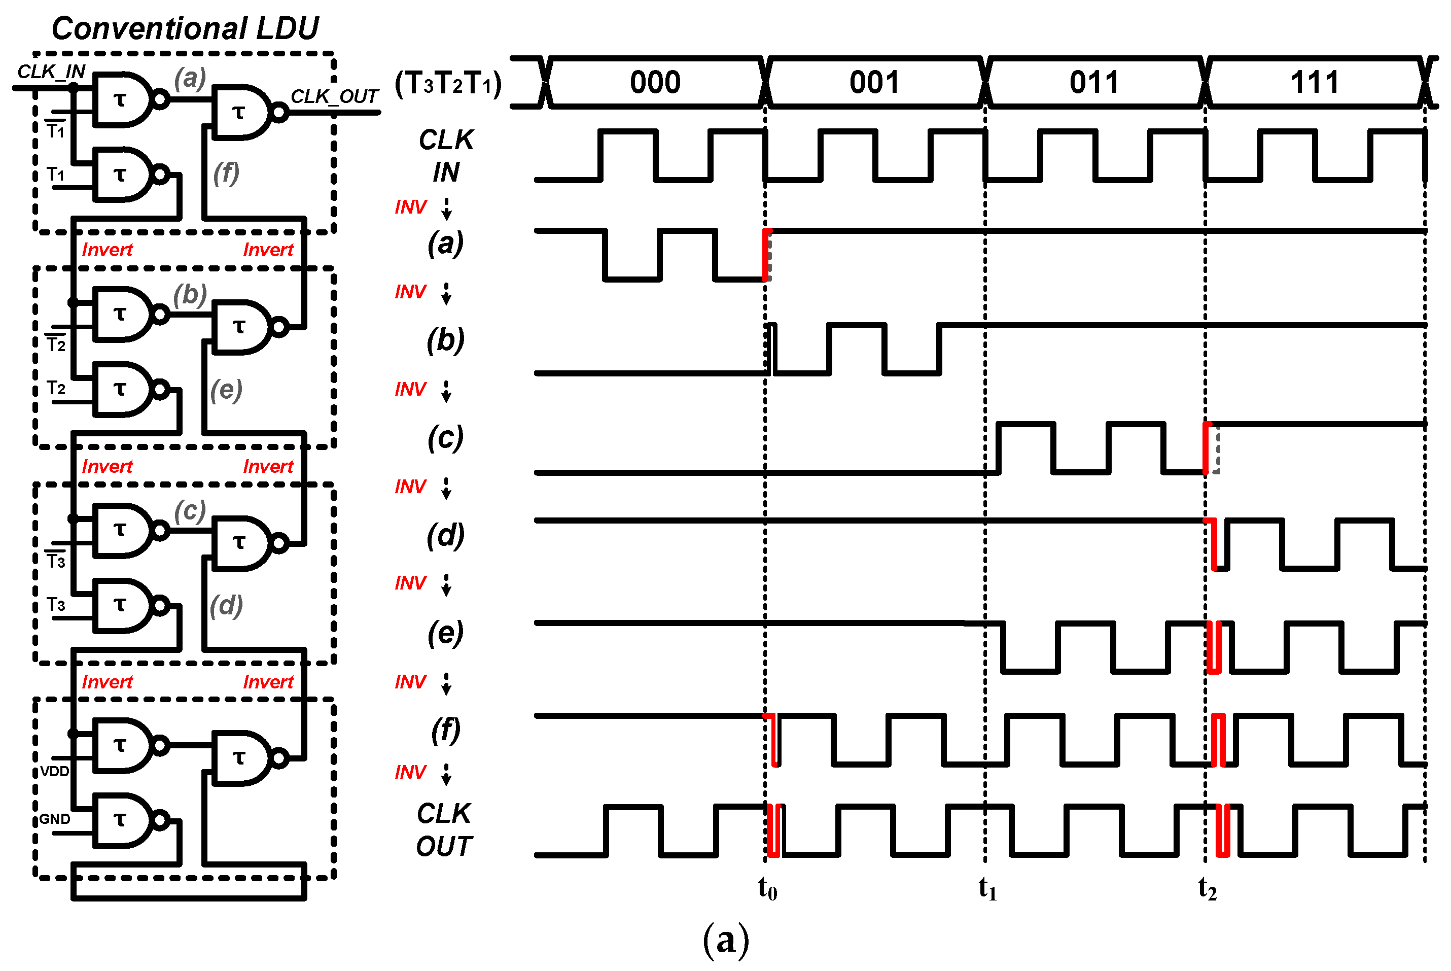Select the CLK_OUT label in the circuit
(334, 96)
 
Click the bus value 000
(655, 82)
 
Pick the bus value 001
(874, 82)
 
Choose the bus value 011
(1094, 82)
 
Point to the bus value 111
(1315, 82)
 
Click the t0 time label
(767, 889)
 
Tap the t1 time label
(987, 889)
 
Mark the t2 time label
(1207, 889)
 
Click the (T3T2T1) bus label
(448, 83)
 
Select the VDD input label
(54, 771)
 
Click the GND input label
(54, 819)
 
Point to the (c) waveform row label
(445, 438)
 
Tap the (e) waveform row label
(445, 633)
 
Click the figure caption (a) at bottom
(725, 940)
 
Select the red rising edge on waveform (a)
(766, 255)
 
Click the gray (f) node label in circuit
(226, 173)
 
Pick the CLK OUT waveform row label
(444, 830)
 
